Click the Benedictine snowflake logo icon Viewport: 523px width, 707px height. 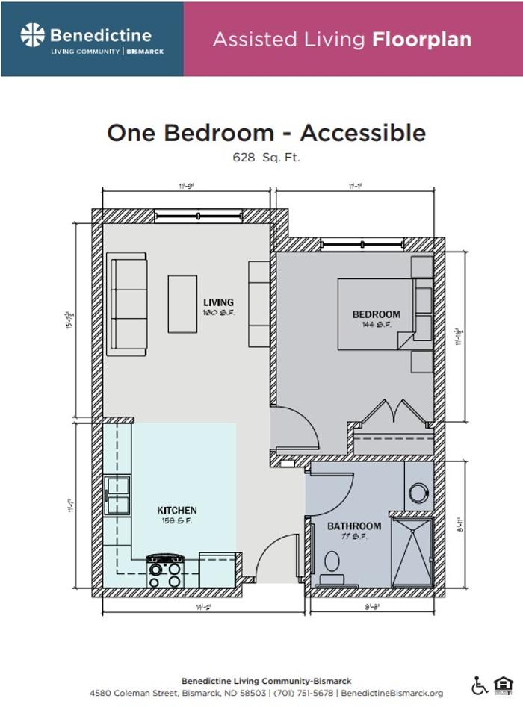(33, 35)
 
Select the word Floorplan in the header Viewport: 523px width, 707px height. (421, 39)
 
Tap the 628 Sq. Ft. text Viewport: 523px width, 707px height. (267, 158)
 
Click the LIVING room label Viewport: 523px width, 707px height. (218, 302)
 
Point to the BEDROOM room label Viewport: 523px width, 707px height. (377, 314)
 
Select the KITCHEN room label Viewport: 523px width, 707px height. (177, 511)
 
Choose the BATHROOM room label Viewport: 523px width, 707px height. (354, 526)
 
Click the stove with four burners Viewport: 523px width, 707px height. (165, 572)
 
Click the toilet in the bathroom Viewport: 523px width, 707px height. (332, 564)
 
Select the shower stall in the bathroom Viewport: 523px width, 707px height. (412, 551)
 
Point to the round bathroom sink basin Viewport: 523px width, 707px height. (419, 493)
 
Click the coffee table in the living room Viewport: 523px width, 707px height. (182, 304)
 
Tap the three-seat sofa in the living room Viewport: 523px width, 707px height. (127, 304)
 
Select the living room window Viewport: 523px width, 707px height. (198, 216)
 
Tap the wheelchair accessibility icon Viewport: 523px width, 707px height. (479, 685)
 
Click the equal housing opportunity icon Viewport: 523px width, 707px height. (504, 685)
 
